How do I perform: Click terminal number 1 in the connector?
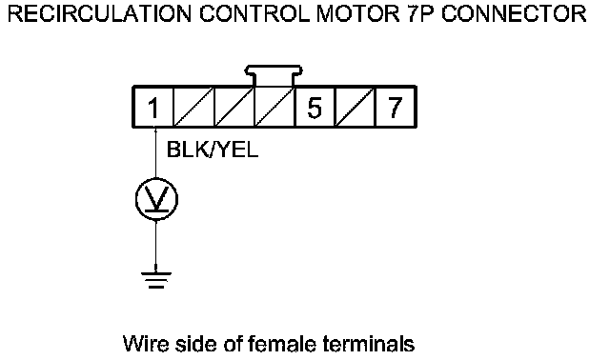coord(153,108)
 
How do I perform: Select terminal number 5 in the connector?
coord(315,108)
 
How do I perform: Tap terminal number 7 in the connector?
coord(396,108)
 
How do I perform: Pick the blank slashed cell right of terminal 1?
coord(193,108)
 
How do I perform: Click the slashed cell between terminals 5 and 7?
coord(355,108)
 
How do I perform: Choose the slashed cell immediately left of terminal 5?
coord(274,108)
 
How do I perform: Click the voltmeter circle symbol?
coord(156,199)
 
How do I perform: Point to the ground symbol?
coord(156,280)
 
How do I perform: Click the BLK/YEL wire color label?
coord(213,149)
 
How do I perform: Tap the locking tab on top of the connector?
coord(274,75)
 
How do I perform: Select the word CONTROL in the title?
coord(254,14)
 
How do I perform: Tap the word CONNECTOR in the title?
coord(514,14)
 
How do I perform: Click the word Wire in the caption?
coord(146,344)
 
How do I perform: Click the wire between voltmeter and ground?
coord(156,246)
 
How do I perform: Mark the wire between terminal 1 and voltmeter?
coord(155,152)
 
